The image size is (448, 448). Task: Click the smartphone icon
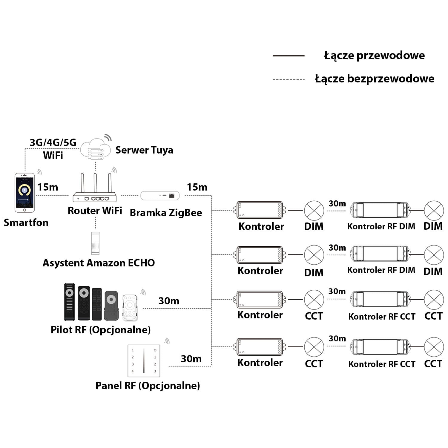(x=25, y=193)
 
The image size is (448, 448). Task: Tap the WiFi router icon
(x=95, y=191)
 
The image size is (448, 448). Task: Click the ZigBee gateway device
(x=160, y=196)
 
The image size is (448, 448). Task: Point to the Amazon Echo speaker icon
(x=95, y=243)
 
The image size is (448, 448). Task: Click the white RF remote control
(x=130, y=307)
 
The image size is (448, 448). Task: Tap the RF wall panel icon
(x=144, y=361)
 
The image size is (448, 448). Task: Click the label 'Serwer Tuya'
(x=144, y=150)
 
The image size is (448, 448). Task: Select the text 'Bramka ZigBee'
(x=166, y=213)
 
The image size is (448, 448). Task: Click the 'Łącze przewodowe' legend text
(x=375, y=56)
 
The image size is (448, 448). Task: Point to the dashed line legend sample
(x=289, y=79)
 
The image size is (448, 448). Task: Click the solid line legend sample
(x=289, y=56)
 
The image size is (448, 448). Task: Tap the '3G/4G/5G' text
(x=53, y=142)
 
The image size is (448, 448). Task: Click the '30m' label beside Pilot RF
(x=169, y=301)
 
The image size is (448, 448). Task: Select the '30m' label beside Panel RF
(x=191, y=359)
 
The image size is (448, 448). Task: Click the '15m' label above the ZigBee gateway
(x=197, y=187)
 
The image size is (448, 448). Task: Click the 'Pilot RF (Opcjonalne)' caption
(x=101, y=330)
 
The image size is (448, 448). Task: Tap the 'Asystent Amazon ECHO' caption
(x=99, y=263)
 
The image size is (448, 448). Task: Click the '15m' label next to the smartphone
(x=48, y=187)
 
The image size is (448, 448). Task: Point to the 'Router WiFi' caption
(x=95, y=211)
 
